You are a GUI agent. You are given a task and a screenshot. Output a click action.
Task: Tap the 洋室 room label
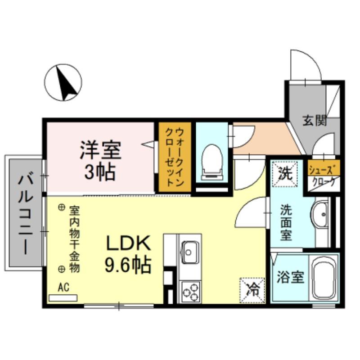coord(101,150)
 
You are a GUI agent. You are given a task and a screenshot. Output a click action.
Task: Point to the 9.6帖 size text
coord(127,265)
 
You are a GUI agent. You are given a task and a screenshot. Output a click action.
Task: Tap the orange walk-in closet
coord(174,157)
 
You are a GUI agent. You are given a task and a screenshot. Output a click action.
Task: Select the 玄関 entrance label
coord(314,121)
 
